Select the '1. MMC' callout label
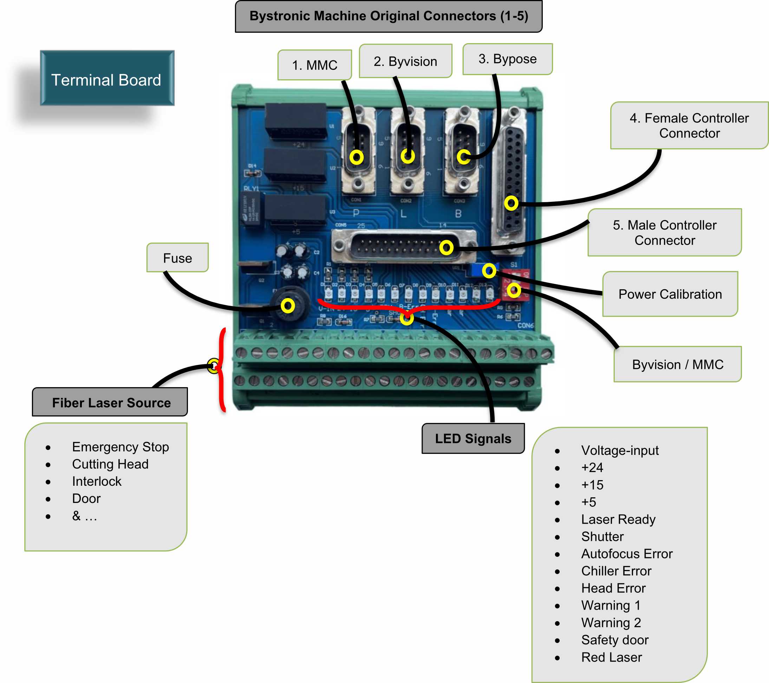(314, 65)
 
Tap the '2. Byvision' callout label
(405, 61)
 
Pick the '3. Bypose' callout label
(507, 59)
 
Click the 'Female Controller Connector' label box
(689, 126)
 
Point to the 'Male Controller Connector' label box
(664, 233)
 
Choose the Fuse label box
(177, 258)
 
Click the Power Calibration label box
(670, 294)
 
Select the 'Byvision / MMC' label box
(677, 364)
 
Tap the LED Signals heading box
(473, 438)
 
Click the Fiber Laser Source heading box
(111, 403)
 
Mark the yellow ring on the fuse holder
(288, 306)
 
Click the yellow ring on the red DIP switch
(514, 290)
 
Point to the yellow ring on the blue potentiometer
(489, 270)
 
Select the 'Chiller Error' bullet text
(616, 571)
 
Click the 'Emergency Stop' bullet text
(120, 446)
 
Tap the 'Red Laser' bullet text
(611, 657)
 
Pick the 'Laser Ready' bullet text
(618, 519)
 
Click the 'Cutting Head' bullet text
(110, 464)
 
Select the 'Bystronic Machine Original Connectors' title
(389, 16)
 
